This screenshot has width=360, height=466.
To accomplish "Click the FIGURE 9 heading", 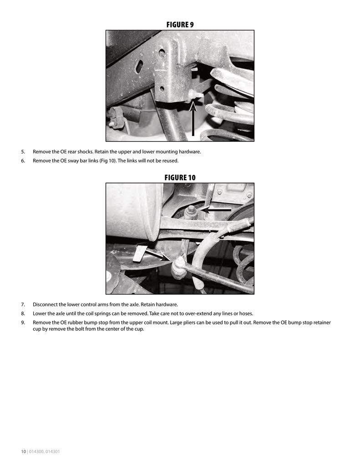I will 180,25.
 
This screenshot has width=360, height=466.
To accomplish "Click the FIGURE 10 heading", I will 180,177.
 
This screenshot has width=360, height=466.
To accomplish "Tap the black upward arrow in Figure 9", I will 193,119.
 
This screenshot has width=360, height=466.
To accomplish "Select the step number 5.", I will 23,152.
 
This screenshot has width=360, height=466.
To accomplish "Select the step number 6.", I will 23,161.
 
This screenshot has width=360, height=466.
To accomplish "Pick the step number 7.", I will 23,304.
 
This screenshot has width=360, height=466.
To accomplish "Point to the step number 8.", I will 23,314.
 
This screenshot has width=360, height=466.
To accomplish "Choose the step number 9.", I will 23,322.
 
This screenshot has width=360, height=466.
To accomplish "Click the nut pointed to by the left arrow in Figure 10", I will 191,211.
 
